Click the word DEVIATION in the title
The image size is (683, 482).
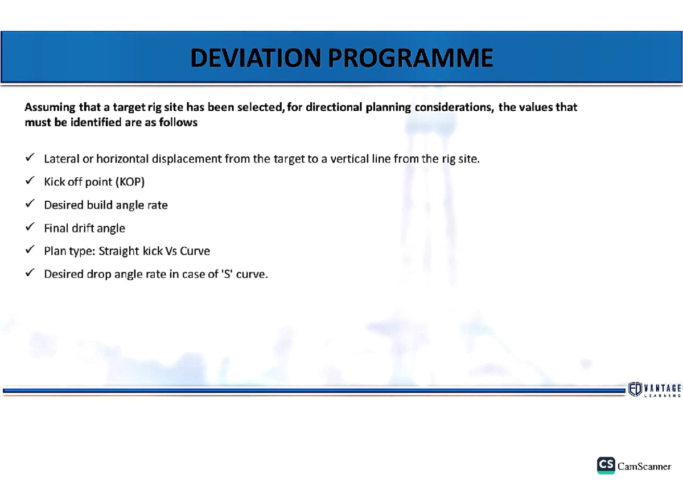(x=254, y=58)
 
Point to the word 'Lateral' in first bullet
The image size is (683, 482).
(x=61, y=159)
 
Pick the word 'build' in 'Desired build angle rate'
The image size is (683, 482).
(x=100, y=205)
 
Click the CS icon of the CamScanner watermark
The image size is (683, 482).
(x=606, y=465)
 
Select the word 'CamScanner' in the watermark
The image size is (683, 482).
(x=644, y=467)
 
